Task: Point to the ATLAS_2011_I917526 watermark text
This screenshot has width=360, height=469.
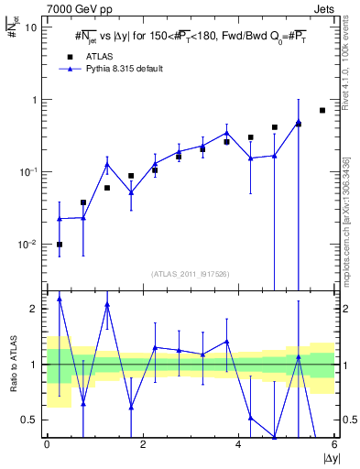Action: pos(191,274)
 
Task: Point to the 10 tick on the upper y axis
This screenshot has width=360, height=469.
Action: pos(31,27)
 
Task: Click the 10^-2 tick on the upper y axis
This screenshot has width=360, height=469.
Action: pos(27,244)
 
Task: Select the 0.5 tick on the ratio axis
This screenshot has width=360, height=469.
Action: pos(30,420)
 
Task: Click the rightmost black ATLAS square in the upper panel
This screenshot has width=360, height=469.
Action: pos(322,111)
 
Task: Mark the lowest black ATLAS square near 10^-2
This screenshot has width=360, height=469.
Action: pos(60,245)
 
